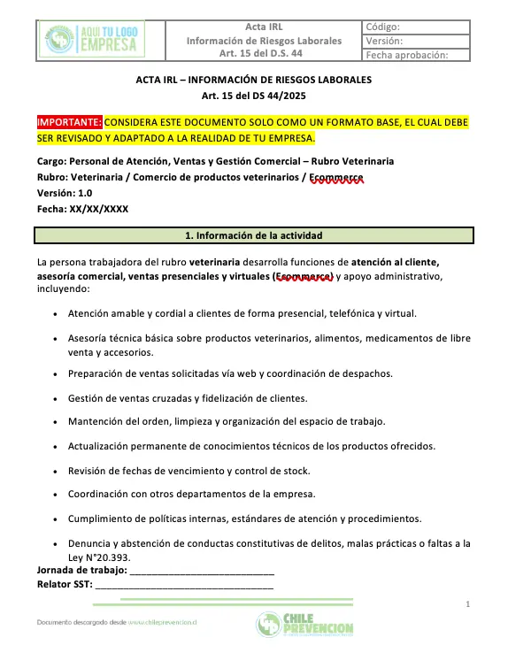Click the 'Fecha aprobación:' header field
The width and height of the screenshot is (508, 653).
tap(406, 55)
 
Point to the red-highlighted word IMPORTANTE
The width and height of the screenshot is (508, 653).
tap(70, 121)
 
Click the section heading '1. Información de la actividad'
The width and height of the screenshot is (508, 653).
tap(254, 236)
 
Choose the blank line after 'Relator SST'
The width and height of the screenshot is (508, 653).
tap(184, 586)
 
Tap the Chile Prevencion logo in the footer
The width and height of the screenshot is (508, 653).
tap(304, 624)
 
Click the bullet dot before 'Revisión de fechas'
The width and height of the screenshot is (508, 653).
tap(57, 472)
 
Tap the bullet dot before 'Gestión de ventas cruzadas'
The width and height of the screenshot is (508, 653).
tap(57, 399)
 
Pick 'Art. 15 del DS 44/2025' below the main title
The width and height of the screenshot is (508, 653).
tap(253, 96)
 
